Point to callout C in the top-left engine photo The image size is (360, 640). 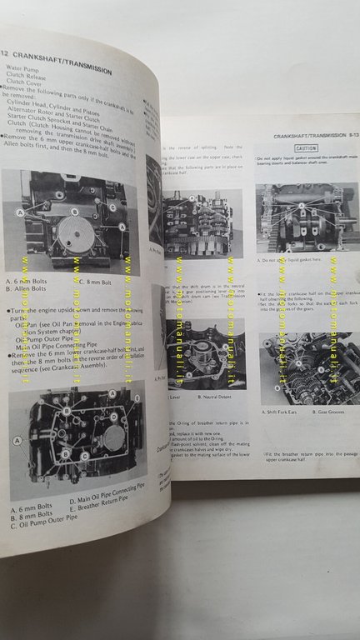pos(112,206)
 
